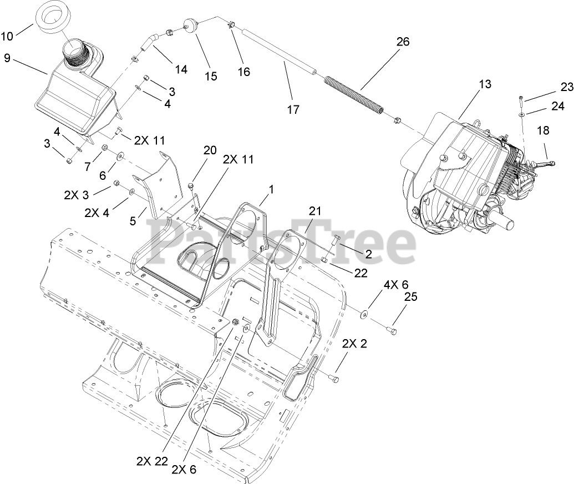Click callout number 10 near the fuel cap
coord(7,37)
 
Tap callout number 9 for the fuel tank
coord(7,57)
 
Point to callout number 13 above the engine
coord(485,84)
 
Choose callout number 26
coord(403,42)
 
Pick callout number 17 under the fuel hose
coord(293,110)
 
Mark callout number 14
coord(181,69)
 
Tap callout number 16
coord(243,72)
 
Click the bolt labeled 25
coord(394,332)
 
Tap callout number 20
coord(210,150)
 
